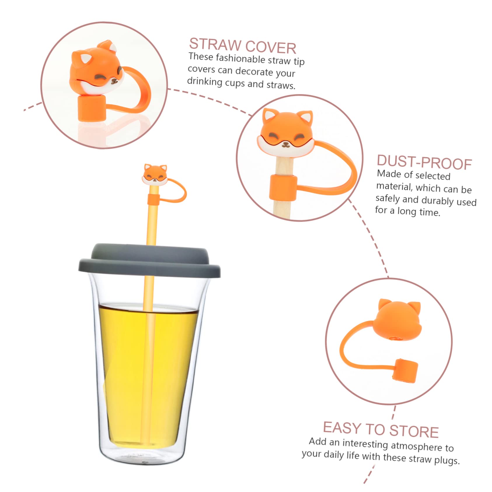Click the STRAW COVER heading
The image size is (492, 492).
click(x=242, y=46)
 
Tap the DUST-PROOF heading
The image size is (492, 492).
click(x=424, y=162)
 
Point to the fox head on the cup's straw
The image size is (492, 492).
click(x=155, y=175)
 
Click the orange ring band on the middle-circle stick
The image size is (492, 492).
click(x=283, y=188)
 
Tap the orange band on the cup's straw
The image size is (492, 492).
click(x=153, y=199)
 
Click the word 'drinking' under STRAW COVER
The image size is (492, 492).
click(x=205, y=81)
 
